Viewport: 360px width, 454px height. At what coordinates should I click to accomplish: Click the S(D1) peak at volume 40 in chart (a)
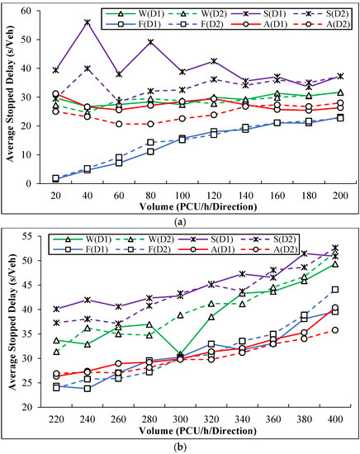(x=64, y=22)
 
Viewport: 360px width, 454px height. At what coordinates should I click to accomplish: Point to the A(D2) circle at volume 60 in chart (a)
(x=95, y=124)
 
